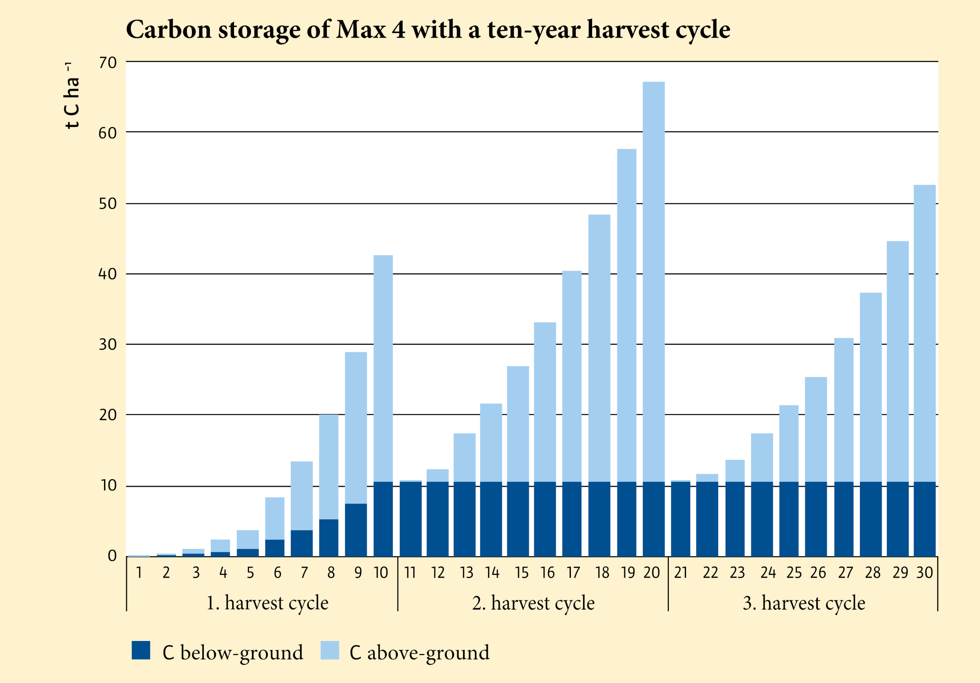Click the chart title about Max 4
click(428, 30)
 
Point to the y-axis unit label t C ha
click(72, 96)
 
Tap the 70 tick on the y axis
click(107, 63)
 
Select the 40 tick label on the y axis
click(107, 274)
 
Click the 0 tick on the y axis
click(112, 556)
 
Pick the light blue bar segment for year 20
click(653, 282)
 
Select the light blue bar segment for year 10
click(383, 368)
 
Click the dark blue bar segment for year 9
click(356, 530)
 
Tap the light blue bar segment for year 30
click(924, 333)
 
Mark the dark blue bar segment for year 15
click(518, 519)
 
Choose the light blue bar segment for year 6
click(274, 518)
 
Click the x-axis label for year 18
click(602, 572)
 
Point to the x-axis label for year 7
click(304, 572)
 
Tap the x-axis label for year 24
click(768, 572)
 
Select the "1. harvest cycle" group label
click(267, 603)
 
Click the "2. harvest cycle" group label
click(533, 603)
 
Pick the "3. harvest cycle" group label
click(804, 603)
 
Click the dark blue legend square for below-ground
click(141, 650)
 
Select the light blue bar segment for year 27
click(844, 410)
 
